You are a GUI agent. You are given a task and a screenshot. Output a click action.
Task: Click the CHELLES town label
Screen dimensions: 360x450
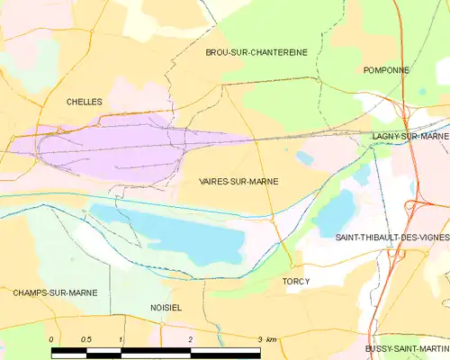85,103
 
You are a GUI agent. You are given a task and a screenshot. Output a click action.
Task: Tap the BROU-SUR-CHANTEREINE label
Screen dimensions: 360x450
256,52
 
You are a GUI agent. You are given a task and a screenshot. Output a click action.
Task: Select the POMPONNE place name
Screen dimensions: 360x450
386,70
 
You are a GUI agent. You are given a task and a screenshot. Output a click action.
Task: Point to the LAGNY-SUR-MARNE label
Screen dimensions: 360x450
409,136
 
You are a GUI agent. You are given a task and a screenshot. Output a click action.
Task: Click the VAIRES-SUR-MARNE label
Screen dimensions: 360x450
238,181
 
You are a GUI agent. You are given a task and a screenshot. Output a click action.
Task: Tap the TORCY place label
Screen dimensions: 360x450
296,282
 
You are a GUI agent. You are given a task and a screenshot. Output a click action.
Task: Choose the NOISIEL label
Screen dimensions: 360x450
166,307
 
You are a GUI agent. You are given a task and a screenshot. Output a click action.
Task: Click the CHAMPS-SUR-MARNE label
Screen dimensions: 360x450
55,292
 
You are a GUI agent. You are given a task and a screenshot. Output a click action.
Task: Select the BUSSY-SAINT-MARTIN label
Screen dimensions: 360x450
407,348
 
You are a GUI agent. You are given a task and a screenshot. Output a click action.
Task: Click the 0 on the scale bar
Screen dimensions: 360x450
52,338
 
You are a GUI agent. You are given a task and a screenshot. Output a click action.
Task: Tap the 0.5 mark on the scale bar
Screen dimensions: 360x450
85,338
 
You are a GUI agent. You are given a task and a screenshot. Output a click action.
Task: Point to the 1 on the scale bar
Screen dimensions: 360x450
121,338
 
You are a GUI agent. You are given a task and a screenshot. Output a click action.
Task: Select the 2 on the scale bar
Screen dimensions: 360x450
190,338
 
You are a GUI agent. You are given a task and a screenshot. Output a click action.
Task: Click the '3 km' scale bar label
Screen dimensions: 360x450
267,338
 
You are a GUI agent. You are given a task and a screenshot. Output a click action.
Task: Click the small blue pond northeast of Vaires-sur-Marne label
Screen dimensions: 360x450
304,157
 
